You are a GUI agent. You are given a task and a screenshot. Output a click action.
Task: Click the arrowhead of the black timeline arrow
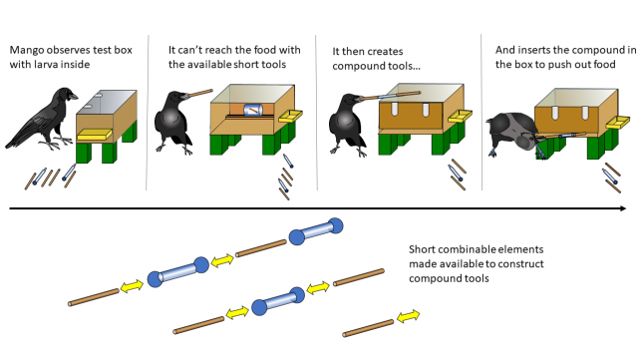click(x=623, y=208)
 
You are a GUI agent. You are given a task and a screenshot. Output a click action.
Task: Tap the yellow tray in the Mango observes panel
click(x=95, y=135)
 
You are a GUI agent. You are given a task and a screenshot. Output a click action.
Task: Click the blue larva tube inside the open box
click(x=253, y=110)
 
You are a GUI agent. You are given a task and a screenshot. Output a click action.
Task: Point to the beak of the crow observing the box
click(x=72, y=97)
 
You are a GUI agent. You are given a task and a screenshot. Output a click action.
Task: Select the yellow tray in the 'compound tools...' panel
click(x=460, y=117)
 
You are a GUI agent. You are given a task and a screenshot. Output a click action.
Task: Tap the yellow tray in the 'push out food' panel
click(x=617, y=122)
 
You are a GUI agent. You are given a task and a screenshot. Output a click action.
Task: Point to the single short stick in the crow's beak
click(x=200, y=93)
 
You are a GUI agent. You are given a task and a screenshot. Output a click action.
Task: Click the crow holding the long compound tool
click(x=348, y=124)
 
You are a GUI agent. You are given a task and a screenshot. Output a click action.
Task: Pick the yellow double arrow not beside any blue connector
click(x=408, y=316)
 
